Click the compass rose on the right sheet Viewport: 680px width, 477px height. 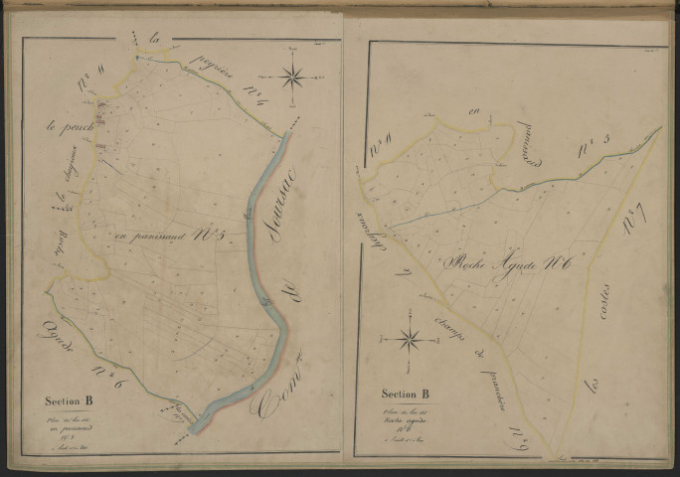tap(409, 340)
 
